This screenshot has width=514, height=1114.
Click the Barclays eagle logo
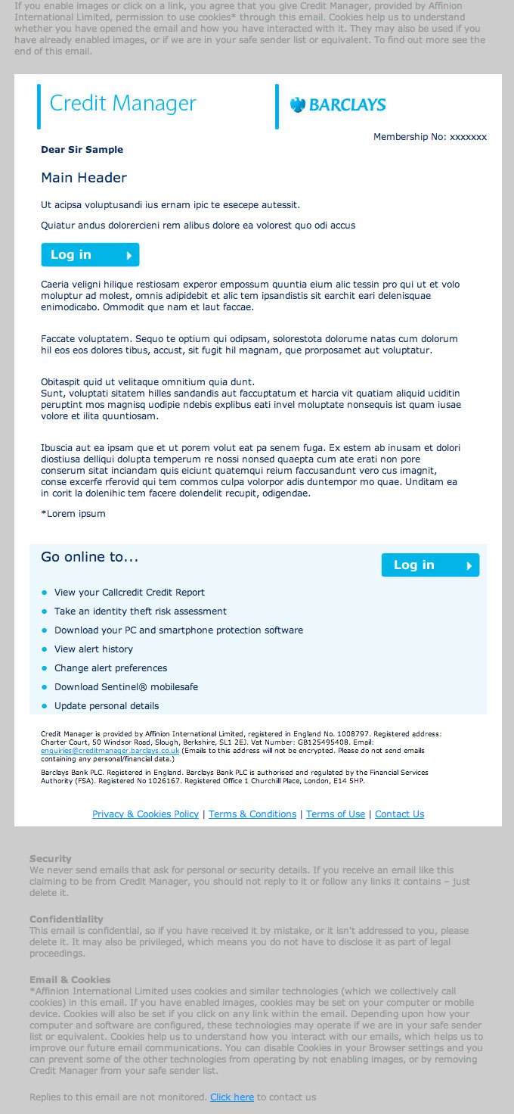tap(297, 104)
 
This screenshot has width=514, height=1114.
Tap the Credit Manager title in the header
tap(122, 104)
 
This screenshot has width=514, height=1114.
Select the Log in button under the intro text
tap(90, 255)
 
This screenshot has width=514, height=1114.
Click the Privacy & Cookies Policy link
tap(145, 814)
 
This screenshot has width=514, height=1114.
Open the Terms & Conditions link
tap(252, 814)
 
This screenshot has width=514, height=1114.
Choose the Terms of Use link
tap(336, 814)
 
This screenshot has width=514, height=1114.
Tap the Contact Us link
tap(399, 814)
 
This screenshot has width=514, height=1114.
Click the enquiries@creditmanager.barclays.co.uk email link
tap(110, 751)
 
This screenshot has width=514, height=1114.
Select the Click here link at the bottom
tap(232, 1097)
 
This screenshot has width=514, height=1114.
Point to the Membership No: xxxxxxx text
tap(430, 137)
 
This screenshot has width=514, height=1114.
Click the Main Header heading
tap(84, 178)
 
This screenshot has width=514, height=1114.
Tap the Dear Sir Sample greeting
tap(82, 150)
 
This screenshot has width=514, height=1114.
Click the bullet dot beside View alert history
tap(45, 649)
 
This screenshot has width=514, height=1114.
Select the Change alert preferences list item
tap(110, 668)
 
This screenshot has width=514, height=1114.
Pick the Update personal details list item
tap(107, 706)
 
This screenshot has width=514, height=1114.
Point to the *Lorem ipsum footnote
tap(73, 514)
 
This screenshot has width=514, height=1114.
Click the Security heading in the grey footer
tap(51, 859)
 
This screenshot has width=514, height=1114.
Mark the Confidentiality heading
tap(67, 920)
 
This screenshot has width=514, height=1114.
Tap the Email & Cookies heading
tap(70, 980)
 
